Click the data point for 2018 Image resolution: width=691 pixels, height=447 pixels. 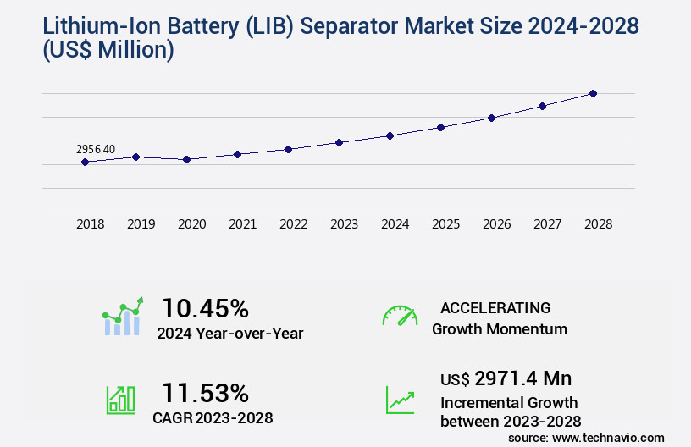[85, 162]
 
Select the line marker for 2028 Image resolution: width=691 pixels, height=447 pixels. [593, 93]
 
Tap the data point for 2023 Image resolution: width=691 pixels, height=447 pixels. [339, 142]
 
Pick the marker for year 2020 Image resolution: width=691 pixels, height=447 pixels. [186, 159]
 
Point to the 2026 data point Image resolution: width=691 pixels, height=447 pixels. [491, 118]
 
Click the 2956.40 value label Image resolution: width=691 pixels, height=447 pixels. [96, 149]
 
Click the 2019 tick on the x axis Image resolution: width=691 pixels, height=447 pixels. [141, 224]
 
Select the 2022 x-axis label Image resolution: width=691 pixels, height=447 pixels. [293, 224]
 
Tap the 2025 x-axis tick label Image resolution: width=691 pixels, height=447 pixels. [445, 224]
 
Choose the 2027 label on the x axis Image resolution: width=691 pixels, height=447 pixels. [547, 224]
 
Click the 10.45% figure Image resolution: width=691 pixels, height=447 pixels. [205, 308]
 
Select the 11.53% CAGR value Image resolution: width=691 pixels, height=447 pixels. [205, 393]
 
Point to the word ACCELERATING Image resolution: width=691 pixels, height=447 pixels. [495, 307]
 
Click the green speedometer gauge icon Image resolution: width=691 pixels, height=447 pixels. [400, 316]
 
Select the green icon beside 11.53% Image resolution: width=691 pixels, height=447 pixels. [120, 399]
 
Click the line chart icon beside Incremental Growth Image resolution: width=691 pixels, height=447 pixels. [400, 400]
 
